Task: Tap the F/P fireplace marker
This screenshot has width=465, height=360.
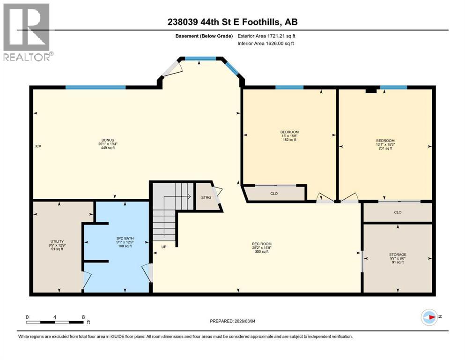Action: pos(38,147)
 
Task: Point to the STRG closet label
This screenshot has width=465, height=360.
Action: pos(206,198)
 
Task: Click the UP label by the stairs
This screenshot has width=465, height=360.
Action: pos(163,247)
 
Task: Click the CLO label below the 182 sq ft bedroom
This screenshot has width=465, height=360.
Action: pos(274,193)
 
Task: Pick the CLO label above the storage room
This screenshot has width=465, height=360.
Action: pos(398,212)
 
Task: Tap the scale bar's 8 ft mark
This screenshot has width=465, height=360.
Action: pos(83,317)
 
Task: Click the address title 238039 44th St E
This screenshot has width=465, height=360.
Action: pos(232,22)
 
